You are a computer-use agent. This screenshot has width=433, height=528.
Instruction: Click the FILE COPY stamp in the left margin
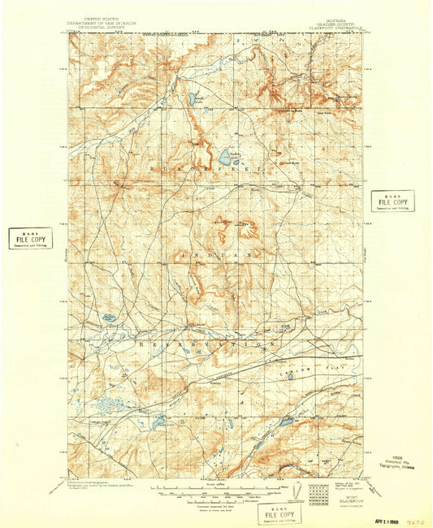(30, 238)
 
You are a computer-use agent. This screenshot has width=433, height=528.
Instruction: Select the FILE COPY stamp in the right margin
(392, 201)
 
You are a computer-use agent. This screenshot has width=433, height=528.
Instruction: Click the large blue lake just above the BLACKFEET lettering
(224, 155)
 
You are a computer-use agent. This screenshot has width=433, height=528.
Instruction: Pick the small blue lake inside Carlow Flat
(286, 422)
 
